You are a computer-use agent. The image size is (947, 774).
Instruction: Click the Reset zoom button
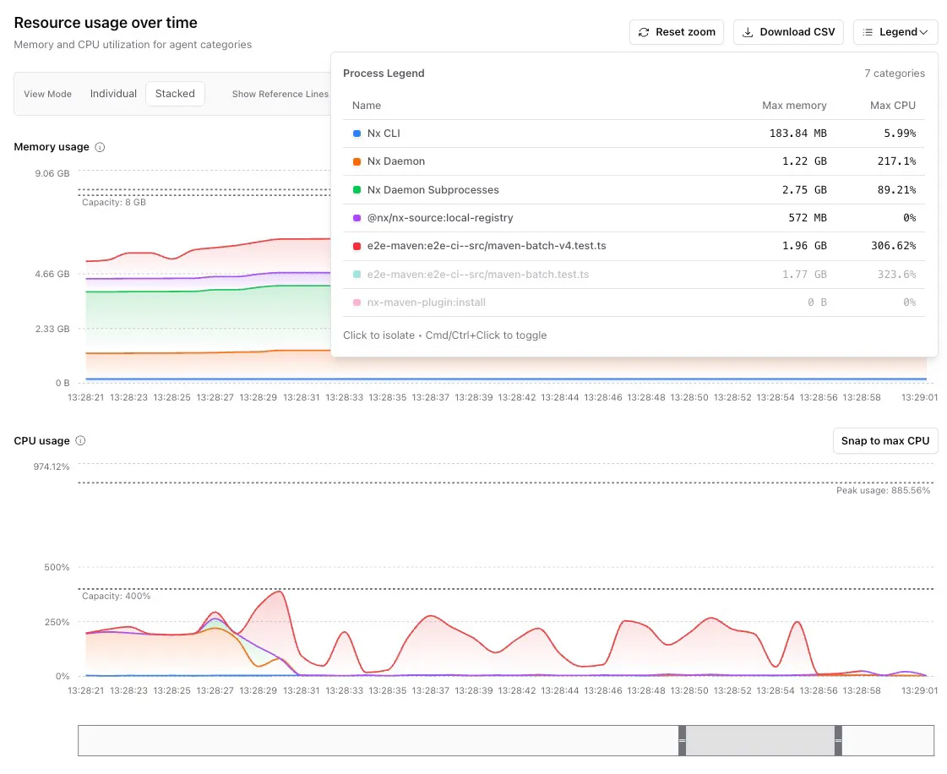click(677, 32)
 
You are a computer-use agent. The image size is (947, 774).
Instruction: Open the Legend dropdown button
click(895, 32)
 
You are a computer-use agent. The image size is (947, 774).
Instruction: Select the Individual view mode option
click(113, 94)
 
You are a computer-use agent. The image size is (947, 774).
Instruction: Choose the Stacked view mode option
click(175, 94)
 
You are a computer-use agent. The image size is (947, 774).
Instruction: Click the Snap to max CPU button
click(885, 440)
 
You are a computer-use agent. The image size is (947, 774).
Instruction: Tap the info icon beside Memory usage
click(101, 147)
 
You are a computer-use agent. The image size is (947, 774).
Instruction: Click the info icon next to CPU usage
click(80, 440)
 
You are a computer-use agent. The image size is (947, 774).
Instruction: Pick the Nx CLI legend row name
click(384, 133)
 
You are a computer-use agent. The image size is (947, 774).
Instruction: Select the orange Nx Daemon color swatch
click(357, 161)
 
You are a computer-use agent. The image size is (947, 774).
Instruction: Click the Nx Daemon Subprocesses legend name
click(433, 190)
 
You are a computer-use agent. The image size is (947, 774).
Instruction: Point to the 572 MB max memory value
click(808, 217)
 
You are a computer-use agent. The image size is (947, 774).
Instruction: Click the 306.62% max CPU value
click(893, 246)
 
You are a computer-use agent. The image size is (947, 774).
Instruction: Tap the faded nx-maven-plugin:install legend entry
click(427, 303)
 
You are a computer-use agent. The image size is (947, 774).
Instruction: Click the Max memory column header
click(794, 105)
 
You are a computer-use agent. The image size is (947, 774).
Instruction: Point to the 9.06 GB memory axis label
click(52, 173)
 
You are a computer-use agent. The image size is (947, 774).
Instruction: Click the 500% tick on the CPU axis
click(57, 567)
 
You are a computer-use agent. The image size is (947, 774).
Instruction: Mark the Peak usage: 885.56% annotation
click(883, 490)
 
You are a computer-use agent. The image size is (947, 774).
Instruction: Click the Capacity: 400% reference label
click(117, 596)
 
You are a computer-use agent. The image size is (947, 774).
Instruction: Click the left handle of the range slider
click(682, 740)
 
